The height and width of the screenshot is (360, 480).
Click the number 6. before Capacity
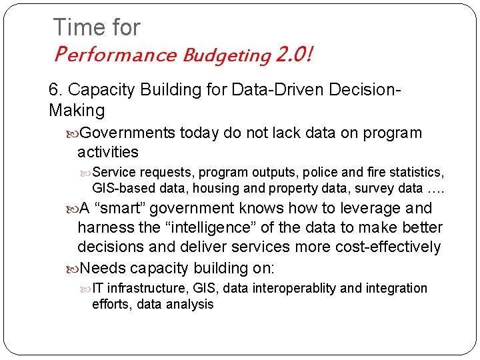tap(55, 90)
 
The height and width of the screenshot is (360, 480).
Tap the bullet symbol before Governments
tap(72, 133)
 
